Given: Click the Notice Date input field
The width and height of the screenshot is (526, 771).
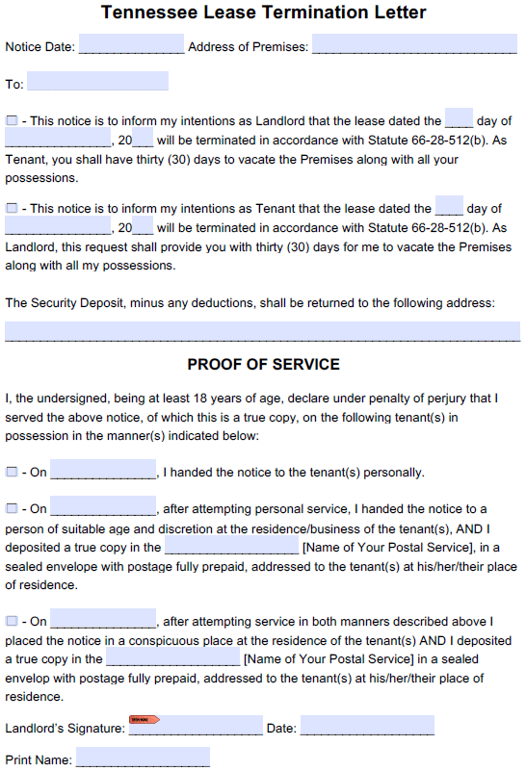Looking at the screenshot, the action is point(131,45).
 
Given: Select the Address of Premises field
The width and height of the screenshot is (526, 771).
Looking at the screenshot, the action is point(414,45).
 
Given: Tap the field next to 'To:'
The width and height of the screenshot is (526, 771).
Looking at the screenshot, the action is point(97,82).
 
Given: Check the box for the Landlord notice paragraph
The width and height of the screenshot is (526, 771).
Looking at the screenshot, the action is point(12,120).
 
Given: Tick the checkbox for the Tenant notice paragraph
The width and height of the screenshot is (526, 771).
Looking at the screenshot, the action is point(12,208).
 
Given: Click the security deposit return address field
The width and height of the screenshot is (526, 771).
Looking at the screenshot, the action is point(262,331).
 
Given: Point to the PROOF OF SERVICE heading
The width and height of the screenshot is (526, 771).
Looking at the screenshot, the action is point(263,365).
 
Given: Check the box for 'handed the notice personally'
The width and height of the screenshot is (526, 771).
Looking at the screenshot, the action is point(12,472).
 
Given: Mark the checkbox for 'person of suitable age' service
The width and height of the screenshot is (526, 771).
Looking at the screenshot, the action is point(12,508).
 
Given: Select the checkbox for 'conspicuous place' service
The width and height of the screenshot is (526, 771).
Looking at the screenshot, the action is point(12,621).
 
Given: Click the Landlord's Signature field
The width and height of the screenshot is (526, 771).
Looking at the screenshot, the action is point(196,727).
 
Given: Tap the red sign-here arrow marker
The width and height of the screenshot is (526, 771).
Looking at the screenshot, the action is point(144,719).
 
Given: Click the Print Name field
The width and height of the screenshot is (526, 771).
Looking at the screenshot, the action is point(143,758).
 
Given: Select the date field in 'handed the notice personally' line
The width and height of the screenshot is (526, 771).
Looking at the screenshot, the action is point(103,471).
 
